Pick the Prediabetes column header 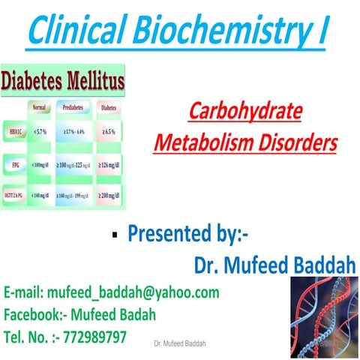(x=78, y=107)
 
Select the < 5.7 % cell (x=41, y=133)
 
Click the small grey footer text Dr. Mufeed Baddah (x=179, y=343)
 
